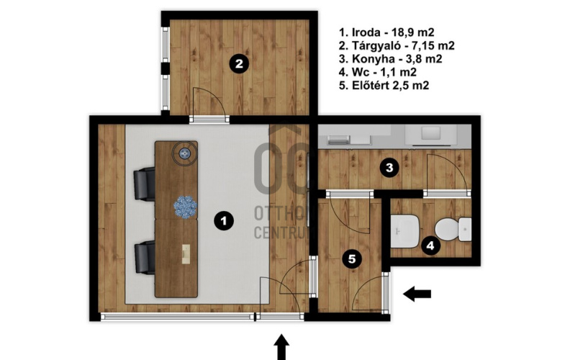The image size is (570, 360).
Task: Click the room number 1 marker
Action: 224,221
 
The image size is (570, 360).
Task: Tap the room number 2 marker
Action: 239,64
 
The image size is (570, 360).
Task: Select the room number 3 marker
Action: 389,168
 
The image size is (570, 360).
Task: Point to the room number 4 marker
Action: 430,246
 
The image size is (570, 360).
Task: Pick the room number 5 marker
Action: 352,259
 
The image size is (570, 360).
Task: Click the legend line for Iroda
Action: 386,32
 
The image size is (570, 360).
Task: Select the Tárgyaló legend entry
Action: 397,45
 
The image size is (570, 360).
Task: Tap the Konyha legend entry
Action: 390,58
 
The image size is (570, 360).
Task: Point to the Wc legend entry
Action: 378,72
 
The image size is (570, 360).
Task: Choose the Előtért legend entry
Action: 384,85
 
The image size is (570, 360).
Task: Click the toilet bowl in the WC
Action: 453,229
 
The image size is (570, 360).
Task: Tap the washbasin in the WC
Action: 405,231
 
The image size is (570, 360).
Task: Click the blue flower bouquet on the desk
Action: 185,207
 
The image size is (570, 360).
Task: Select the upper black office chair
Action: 145,184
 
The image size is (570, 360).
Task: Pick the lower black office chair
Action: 145,258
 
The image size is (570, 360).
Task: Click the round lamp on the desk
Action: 185,154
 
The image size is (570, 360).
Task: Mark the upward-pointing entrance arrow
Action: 281,347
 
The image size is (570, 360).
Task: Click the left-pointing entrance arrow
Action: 417,294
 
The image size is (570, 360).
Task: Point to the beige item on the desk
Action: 186,254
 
